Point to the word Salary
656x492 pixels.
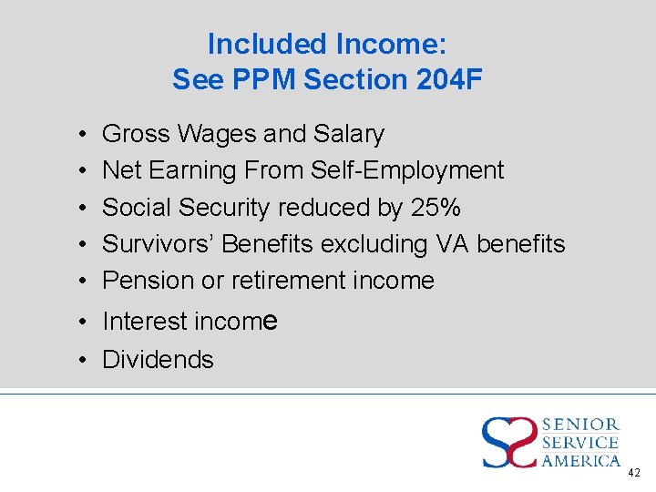coord(349,134)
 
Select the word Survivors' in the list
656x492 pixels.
coord(159,243)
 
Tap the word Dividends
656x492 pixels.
coord(158,360)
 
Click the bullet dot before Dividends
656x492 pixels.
coord(82,360)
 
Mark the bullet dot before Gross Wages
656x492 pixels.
coord(82,134)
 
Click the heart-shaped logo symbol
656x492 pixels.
coord(509,441)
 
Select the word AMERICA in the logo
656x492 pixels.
coord(580,461)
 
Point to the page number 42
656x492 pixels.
coord(634,473)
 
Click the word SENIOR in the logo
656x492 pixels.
coord(580,425)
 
